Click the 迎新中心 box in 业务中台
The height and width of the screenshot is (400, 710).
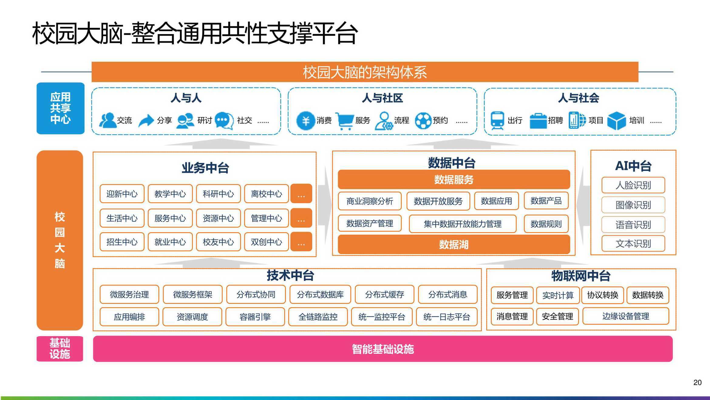[x=122, y=194]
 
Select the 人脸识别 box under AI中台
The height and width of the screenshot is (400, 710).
[x=633, y=185]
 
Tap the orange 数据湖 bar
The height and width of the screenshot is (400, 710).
[x=454, y=244]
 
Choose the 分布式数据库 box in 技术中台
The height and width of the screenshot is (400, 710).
[x=320, y=294]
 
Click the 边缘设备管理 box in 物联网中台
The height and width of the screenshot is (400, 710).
[x=626, y=316]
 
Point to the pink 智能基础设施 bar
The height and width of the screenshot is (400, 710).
[x=383, y=349]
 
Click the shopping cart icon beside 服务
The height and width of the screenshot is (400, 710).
[x=345, y=121]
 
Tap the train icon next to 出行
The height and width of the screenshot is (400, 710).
[x=497, y=121]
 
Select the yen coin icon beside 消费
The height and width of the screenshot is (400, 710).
[x=305, y=121]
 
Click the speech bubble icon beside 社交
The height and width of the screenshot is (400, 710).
[x=224, y=121]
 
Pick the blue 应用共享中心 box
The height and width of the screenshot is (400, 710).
[x=60, y=108]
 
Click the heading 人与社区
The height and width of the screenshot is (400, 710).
[x=382, y=98]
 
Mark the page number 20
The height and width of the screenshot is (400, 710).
[x=698, y=382]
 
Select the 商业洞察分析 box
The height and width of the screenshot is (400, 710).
[x=370, y=201]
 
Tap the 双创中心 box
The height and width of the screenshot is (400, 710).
[x=266, y=242]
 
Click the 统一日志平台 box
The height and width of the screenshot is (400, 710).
[x=447, y=317]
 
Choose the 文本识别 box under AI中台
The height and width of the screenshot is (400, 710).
[x=633, y=243]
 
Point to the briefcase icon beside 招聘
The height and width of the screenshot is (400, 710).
[x=538, y=121]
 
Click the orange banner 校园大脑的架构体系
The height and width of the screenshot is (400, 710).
[x=365, y=72]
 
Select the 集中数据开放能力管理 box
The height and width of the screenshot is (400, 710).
[x=463, y=224]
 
